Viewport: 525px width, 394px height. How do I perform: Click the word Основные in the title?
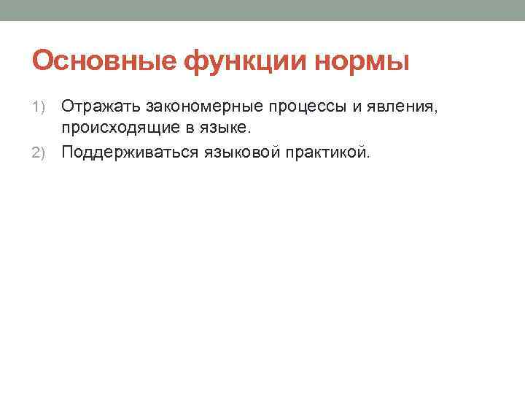coord(104,61)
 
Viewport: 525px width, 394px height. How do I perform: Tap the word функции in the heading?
coord(245,62)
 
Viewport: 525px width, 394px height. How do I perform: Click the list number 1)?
coord(38,107)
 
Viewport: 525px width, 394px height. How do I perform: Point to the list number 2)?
coord(38,152)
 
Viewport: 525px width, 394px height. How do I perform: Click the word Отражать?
coord(101,107)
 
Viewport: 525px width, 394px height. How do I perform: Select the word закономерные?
coord(204,107)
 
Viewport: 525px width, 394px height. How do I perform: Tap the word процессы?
coord(307,107)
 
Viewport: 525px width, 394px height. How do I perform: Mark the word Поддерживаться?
coord(130,152)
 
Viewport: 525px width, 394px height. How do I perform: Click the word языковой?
coord(242,152)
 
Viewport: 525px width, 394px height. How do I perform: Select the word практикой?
coord(326,152)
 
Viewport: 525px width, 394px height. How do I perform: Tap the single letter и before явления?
coord(357,107)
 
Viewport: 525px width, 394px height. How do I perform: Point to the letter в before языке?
coord(190,128)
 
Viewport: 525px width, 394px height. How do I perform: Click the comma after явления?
coord(435,111)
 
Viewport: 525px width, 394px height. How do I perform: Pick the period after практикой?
coord(368,157)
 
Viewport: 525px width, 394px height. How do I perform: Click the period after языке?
coord(249,131)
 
